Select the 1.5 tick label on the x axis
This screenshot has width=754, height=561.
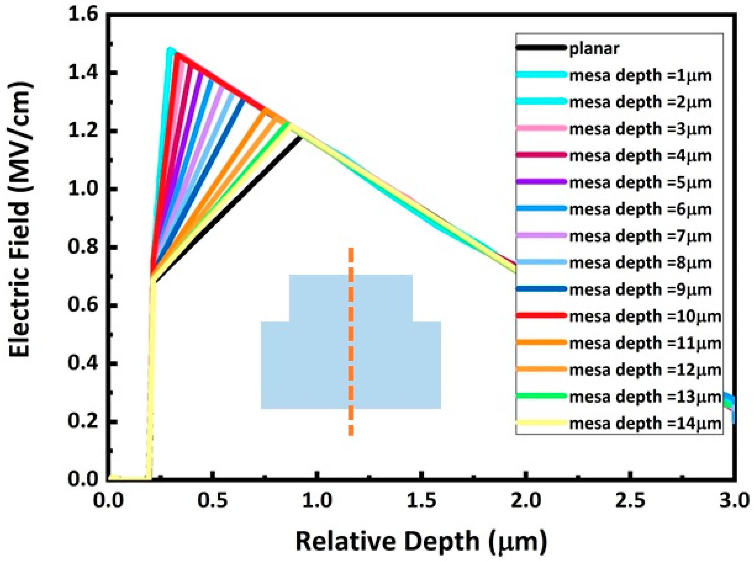(421, 501)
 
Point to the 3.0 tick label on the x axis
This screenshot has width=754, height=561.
(734, 501)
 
